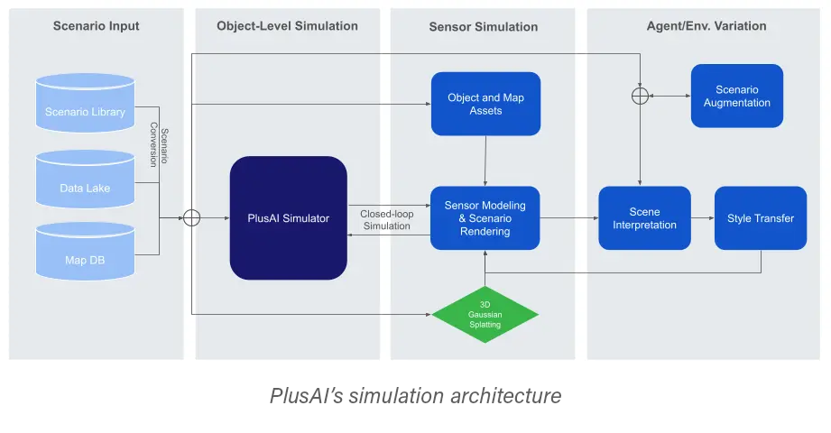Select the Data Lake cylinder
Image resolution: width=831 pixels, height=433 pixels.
pyautogui.click(x=85, y=183)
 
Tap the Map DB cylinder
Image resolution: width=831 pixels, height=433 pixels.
pyautogui.click(x=85, y=254)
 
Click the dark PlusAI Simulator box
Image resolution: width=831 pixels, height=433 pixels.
pyautogui.click(x=288, y=217)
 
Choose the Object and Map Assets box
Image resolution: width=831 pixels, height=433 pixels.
pyautogui.click(x=485, y=104)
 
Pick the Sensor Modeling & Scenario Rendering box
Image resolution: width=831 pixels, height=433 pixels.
pyautogui.click(x=485, y=217)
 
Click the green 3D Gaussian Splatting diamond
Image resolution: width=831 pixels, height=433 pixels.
pyautogui.click(x=485, y=313)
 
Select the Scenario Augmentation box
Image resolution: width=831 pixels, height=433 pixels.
pyautogui.click(x=736, y=96)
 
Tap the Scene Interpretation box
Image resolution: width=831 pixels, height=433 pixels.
pyautogui.click(x=644, y=217)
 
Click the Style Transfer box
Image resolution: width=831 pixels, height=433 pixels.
pyautogui.click(x=760, y=217)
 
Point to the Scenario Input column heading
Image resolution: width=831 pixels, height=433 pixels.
pyautogui.click(x=96, y=26)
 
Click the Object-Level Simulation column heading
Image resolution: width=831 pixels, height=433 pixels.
pyautogui.click(x=287, y=26)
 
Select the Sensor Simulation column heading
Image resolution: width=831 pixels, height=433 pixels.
pyautogui.click(x=483, y=27)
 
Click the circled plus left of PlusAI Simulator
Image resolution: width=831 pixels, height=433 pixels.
pyautogui.click(x=191, y=217)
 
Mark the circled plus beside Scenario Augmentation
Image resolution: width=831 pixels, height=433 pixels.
pyautogui.click(x=640, y=95)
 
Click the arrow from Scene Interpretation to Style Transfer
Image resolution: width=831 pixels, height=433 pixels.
pyautogui.click(x=702, y=217)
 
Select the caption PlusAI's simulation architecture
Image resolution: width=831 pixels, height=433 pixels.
pyautogui.click(x=414, y=395)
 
